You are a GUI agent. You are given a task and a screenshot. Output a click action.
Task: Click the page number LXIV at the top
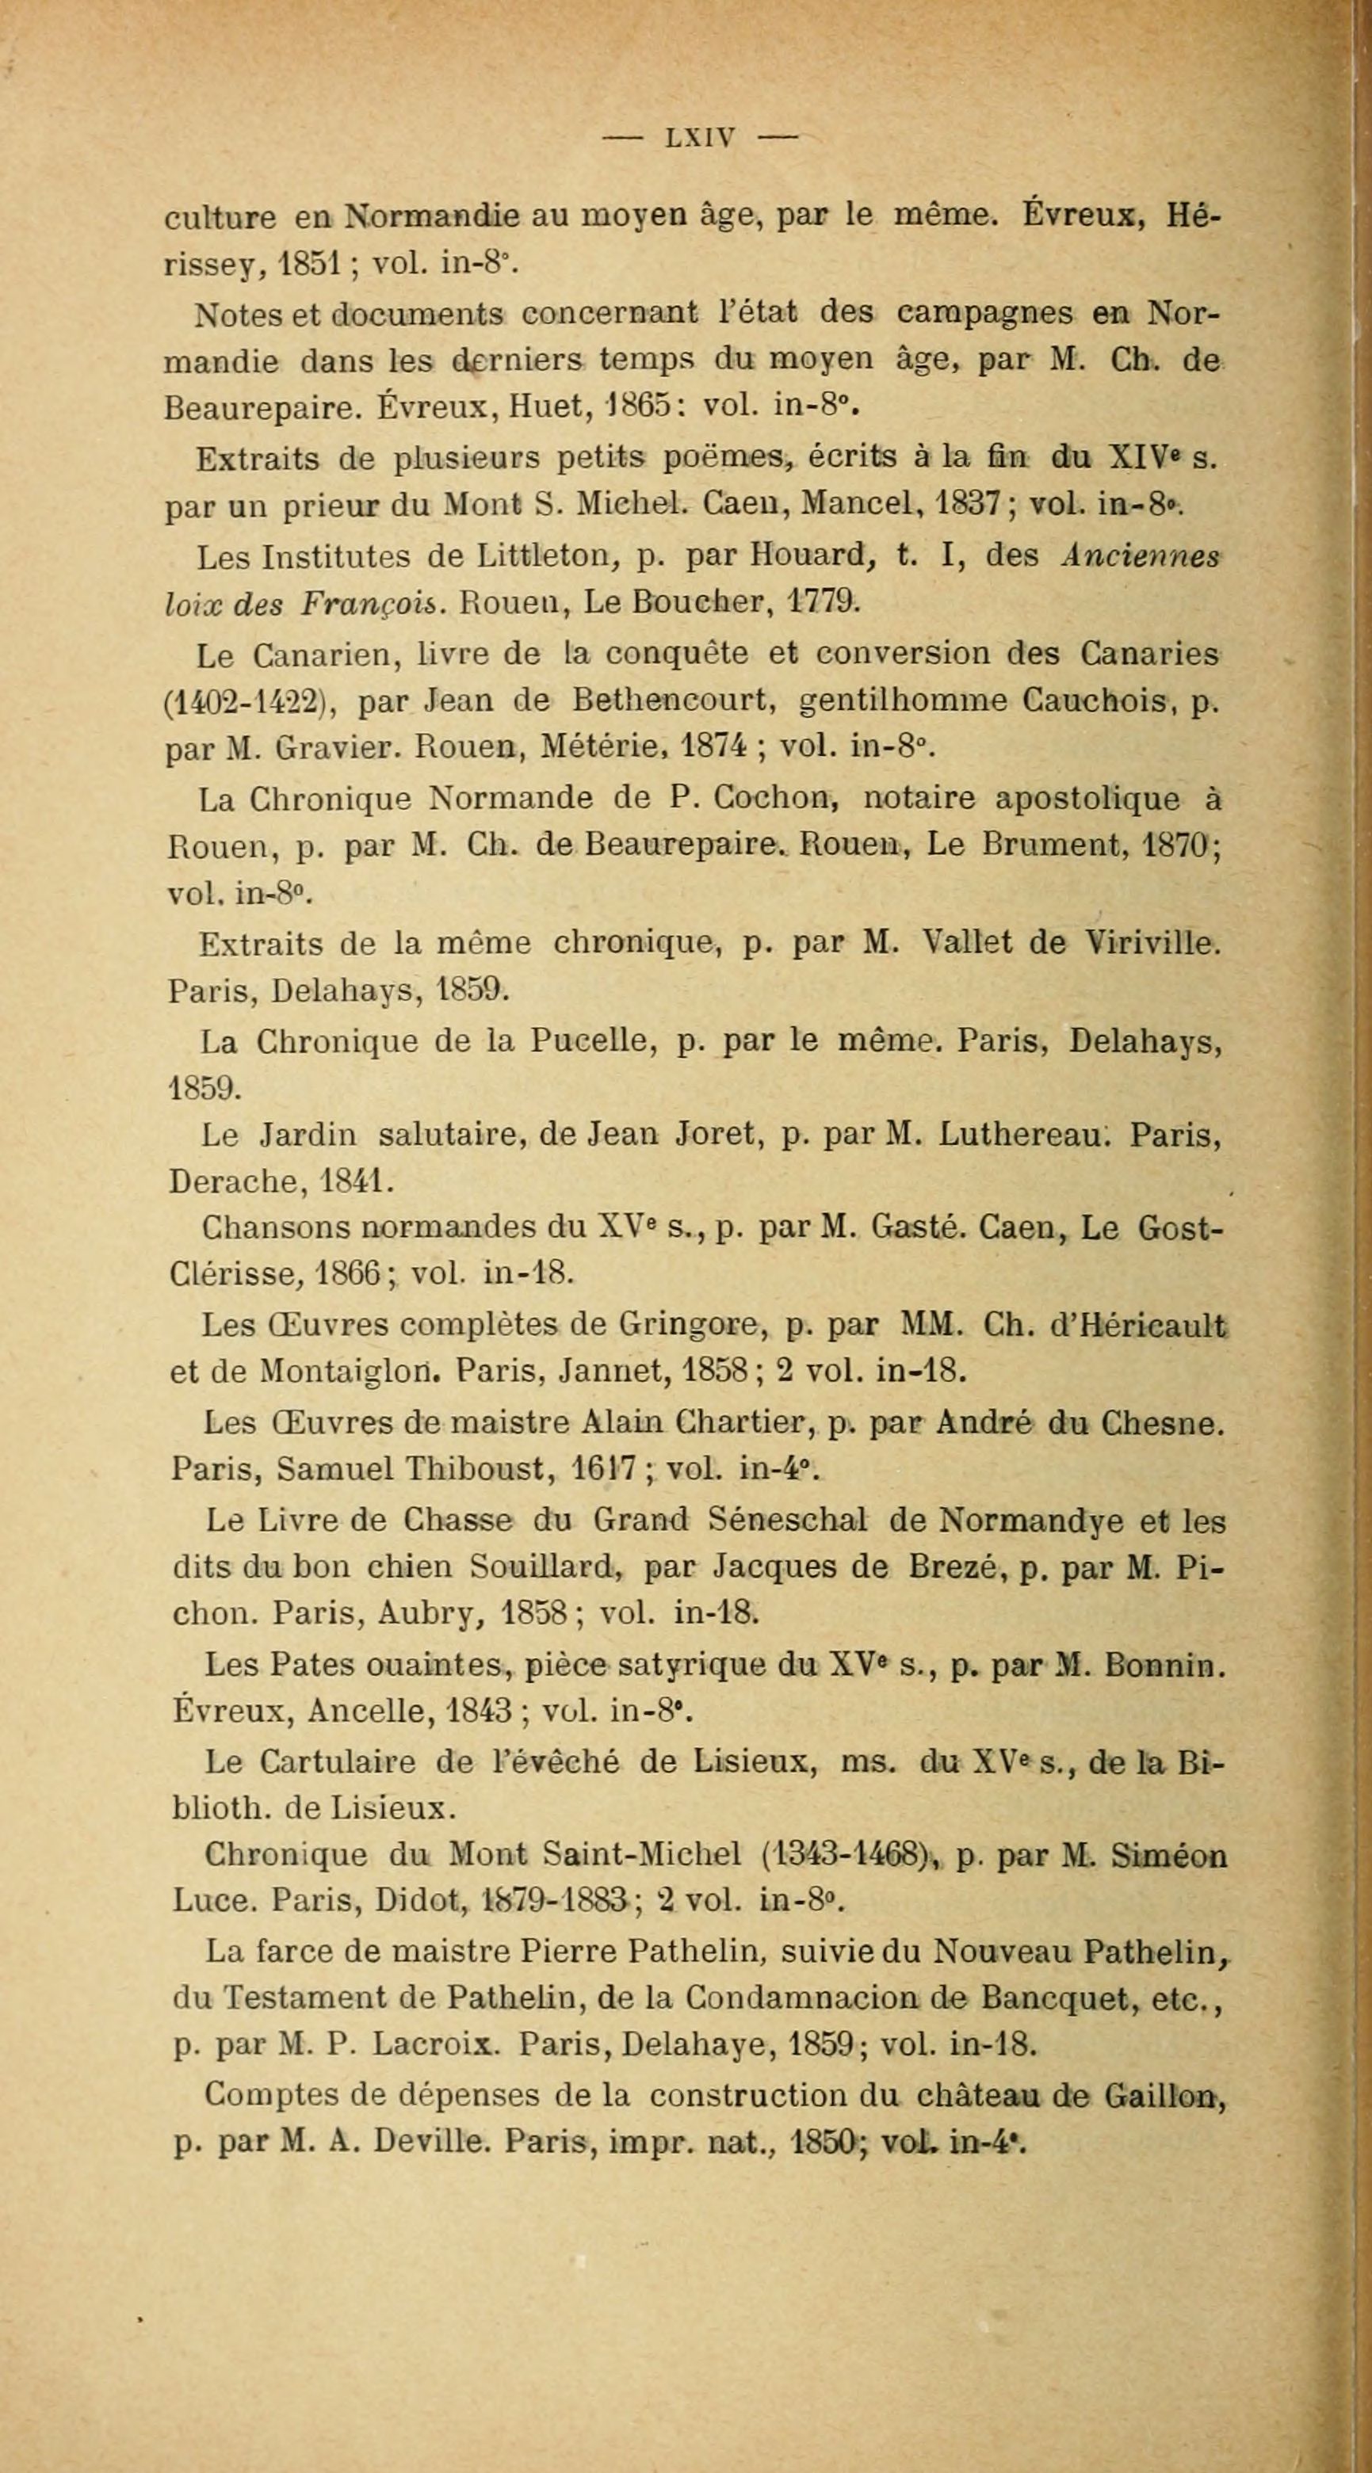click(x=700, y=137)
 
